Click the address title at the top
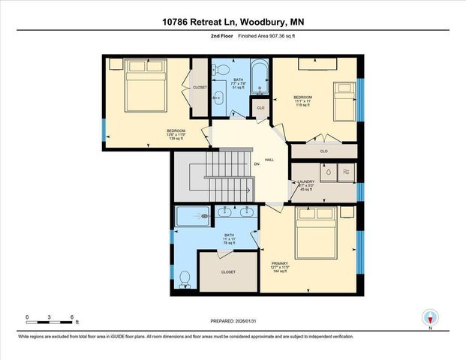pyautogui.click(x=233, y=23)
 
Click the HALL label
pyautogui.click(x=269, y=160)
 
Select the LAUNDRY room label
pyautogui.click(x=305, y=181)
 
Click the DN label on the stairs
pyautogui.click(x=256, y=165)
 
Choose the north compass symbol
pyautogui.click(x=430, y=318)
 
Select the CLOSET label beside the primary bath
pyautogui.click(x=228, y=271)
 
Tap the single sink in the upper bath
pyautogui.click(x=218, y=97)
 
